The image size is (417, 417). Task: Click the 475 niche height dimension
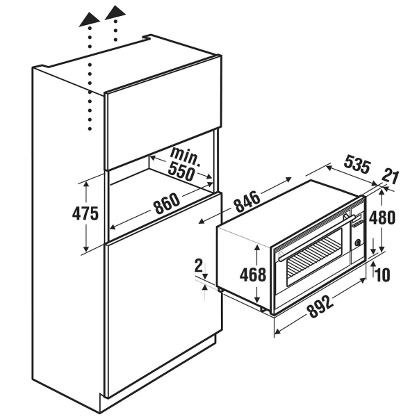point(85,213)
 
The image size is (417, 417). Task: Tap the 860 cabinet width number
point(167,204)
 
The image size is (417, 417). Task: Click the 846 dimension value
point(247,202)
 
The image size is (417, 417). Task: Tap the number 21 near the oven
point(391,177)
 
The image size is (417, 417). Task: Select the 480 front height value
point(382,218)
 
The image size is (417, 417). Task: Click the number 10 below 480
point(383,275)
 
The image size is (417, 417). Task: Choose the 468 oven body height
point(253,275)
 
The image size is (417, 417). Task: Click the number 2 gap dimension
point(198,265)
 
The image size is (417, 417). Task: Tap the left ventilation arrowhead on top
point(90,19)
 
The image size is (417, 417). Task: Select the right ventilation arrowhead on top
point(115,13)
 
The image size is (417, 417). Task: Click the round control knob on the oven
point(358,243)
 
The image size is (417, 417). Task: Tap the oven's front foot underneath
point(263,309)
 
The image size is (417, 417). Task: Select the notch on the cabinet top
point(147,38)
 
